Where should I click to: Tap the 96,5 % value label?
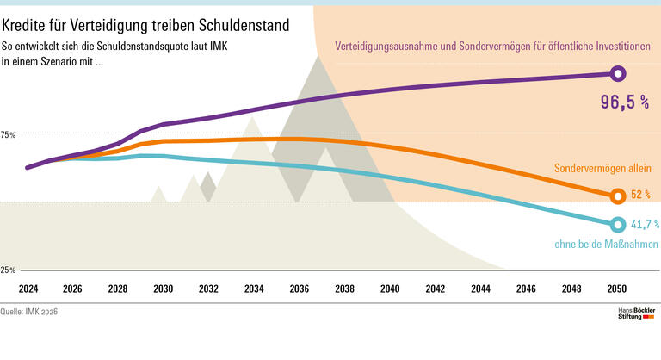[624, 102]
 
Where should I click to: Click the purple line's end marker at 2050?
[616, 75]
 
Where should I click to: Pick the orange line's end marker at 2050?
[616, 196]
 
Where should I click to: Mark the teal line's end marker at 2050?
[616, 225]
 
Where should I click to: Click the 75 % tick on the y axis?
[9, 135]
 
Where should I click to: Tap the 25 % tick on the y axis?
[9, 270]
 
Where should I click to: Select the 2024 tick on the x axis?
[28, 289]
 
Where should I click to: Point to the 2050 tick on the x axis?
[615, 289]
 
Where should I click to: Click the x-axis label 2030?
[163, 289]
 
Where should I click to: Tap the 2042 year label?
[435, 289]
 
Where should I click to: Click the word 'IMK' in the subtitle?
[238, 44]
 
